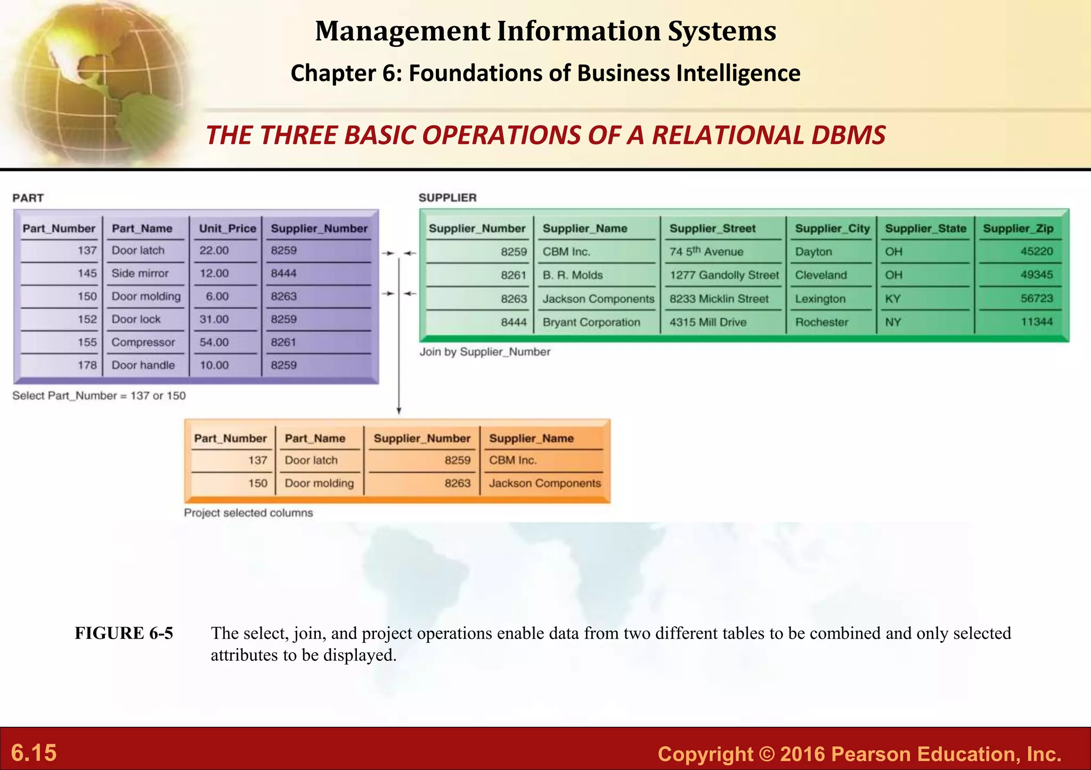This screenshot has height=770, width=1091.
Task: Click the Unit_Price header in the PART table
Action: (227, 228)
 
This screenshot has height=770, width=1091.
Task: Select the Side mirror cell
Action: (140, 273)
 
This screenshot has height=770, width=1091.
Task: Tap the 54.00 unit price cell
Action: (214, 342)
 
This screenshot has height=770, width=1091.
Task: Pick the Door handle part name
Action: (143, 365)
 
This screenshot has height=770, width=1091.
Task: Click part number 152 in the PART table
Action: (87, 319)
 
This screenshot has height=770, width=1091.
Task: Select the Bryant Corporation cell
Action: (591, 322)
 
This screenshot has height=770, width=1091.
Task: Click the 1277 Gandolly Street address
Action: (724, 275)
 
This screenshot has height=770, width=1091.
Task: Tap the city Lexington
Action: (820, 299)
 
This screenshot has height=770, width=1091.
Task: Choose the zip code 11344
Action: (1037, 322)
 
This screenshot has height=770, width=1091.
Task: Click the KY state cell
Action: (893, 299)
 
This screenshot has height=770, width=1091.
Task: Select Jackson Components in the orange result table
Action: (544, 483)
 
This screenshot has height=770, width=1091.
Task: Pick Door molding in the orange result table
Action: (319, 483)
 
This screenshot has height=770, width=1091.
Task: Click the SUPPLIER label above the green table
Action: (447, 198)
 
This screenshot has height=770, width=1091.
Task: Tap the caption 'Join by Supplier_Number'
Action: (485, 351)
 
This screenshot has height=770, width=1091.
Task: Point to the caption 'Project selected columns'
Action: (248, 513)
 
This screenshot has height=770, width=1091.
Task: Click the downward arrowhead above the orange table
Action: (398, 411)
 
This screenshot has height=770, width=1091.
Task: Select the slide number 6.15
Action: (34, 752)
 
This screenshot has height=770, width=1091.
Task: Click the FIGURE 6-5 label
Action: (124, 633)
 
